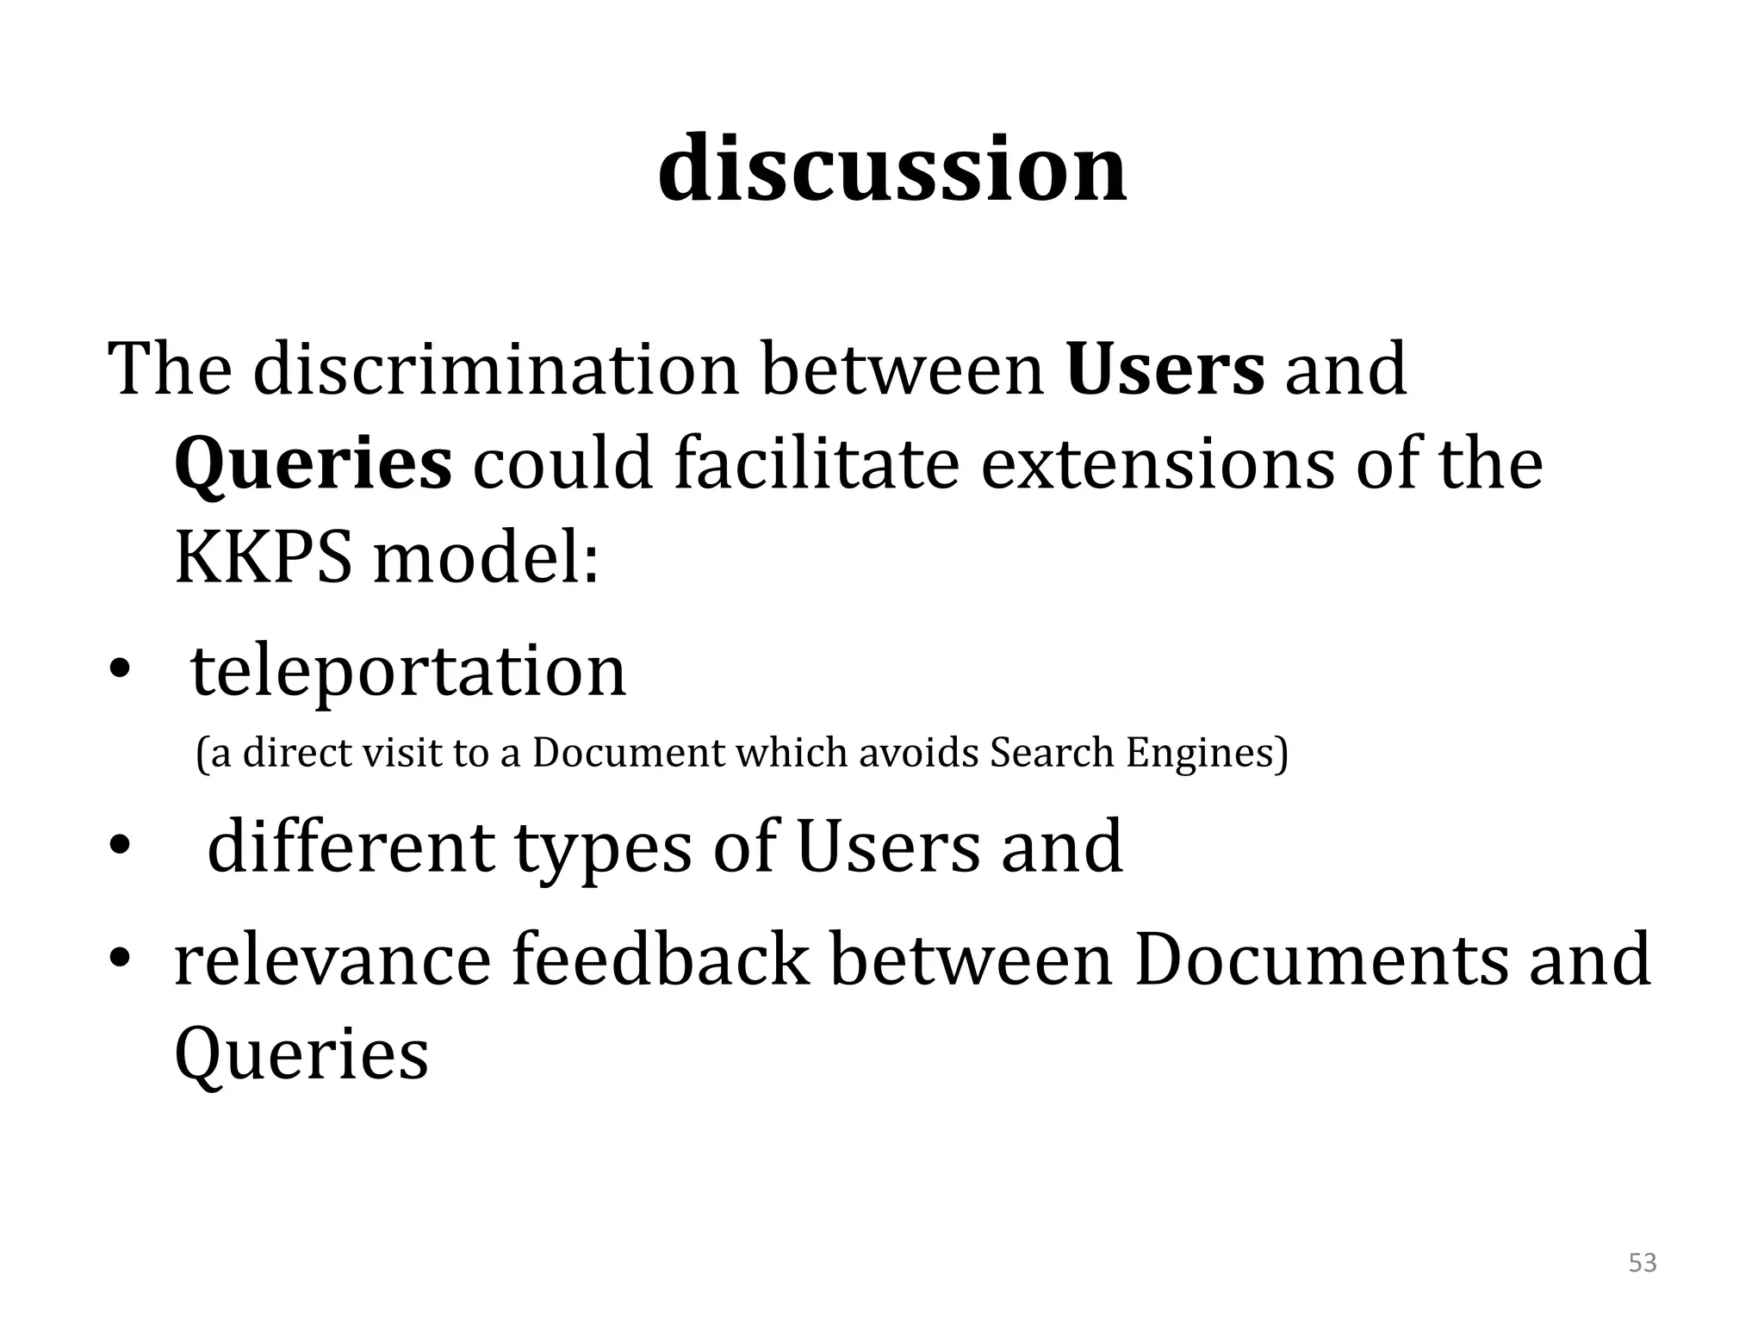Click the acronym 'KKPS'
coord(263,558)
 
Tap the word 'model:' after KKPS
coord(485,558)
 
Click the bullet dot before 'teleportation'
coord(118,674)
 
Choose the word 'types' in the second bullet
coord(603,848)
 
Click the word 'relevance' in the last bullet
coord(332,960)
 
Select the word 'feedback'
coord(661,960)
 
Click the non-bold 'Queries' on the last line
coord(301,1054)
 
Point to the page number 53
coord(1643,1263)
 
